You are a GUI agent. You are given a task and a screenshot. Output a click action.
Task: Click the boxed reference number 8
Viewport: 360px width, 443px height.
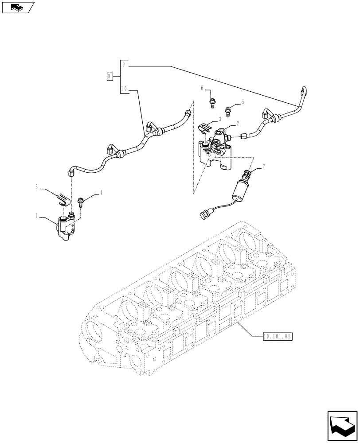[110, 77]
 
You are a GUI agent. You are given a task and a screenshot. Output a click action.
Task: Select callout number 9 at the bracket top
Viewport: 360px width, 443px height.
[124, 65]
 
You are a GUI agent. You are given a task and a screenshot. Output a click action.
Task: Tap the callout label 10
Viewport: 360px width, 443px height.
[124, 88]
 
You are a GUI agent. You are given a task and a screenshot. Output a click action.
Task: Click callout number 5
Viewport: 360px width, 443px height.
[243, 101]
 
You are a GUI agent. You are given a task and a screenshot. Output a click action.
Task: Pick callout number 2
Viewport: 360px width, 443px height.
[238, 124]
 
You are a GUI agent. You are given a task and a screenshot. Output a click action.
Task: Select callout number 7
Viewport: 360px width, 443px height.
[264, 166]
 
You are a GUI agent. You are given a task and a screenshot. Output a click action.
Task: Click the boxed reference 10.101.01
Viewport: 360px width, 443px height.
[277, 336]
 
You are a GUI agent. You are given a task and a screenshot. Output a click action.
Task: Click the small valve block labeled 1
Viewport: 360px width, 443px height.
[67, 227]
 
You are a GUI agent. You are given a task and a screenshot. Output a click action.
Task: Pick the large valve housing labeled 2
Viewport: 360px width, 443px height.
[217, 153]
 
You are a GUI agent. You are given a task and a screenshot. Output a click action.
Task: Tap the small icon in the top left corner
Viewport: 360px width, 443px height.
[17, 7]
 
